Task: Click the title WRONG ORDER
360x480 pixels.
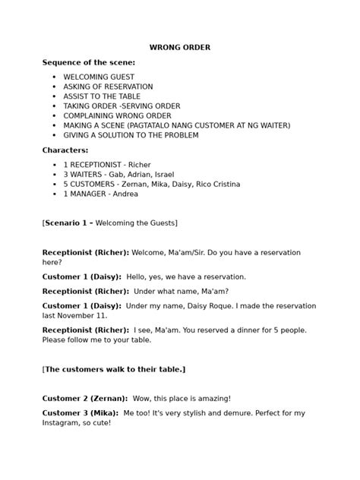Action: point(179,48)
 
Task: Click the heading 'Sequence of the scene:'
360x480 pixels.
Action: point(89,62)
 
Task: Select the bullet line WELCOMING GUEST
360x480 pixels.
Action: point(99,77)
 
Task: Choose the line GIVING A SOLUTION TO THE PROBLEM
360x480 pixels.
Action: point(131,135)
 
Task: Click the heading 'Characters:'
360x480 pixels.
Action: point(65,150)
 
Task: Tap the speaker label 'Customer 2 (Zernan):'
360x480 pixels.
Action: point(84,398)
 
